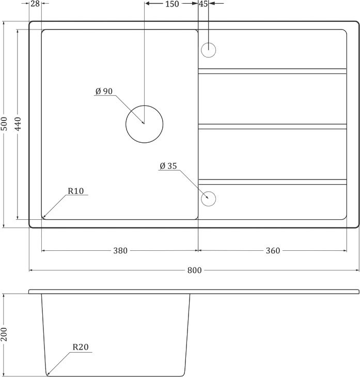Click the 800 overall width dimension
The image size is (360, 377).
194,270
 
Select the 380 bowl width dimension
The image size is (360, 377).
120,251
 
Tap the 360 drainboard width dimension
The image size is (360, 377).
273,251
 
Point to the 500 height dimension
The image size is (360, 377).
5,124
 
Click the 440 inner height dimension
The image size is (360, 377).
19,124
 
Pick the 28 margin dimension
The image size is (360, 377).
35,4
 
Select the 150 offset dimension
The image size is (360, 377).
171,4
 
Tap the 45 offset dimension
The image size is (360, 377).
203,4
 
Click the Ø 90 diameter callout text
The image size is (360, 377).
104,92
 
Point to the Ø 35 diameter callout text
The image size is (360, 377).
168,166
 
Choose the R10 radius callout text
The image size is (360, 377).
75,191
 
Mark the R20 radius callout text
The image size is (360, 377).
80,347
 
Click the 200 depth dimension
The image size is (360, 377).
5,335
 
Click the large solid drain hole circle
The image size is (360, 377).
144,124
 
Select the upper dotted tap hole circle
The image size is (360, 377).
208,50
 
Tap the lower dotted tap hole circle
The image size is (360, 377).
208,199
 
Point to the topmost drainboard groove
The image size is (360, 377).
272,69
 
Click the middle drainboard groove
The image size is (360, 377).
272,126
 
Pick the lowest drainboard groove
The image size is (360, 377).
272,182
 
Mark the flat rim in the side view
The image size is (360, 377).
194,292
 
